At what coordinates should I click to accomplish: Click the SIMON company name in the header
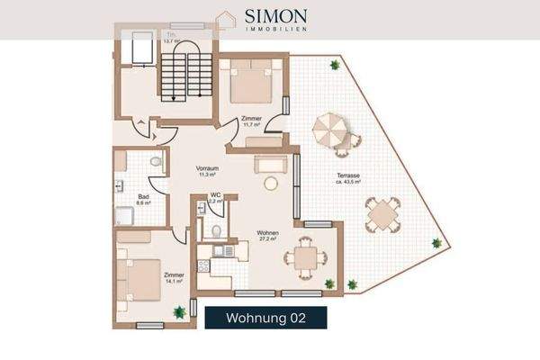click(x=276, y=16)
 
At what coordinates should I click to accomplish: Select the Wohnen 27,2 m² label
click(x=267, y=236)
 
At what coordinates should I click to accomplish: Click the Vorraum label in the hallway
click(x=210, y=171)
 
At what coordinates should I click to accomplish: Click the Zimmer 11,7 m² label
click(x=251, y=121)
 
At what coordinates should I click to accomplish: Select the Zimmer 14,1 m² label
click(x=174, y=277)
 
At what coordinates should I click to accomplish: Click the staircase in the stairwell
click(x=184, y=75)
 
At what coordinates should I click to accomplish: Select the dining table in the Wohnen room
click(x=304, y=258)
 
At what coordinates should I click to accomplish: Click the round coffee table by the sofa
click(x=270, y=183)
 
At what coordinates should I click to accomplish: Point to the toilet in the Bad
click(x=156, y=163)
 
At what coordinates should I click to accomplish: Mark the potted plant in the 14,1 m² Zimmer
click(x=179, y=310)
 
